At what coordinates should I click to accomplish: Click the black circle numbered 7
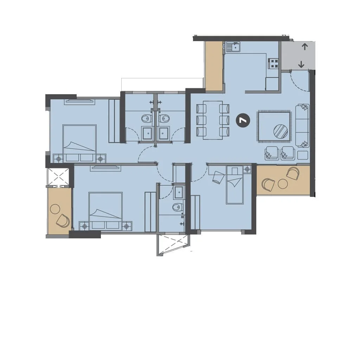[x=243, y=120]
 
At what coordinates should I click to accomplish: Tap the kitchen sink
[x=233, y=47]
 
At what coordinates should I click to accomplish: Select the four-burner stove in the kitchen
[x=274, y=64]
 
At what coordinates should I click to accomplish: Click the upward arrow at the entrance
[x=305, y=47]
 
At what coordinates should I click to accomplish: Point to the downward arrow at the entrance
[x=301, y=65]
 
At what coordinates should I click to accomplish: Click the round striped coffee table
[x=281, y=131]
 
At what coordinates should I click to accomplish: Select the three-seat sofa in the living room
[x=302, y=126]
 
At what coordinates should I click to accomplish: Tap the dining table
[x=213, y=120]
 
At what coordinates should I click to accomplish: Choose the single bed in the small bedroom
[x=234, y=185]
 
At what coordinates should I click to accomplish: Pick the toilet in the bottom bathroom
[x=178, y=207]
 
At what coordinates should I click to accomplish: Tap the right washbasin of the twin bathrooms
[x=164, y=133]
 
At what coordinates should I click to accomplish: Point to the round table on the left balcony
[x=55, y=209]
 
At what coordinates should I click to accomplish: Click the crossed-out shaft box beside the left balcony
[x=58, y=176]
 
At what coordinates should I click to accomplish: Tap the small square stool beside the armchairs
[x=303, y=155]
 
